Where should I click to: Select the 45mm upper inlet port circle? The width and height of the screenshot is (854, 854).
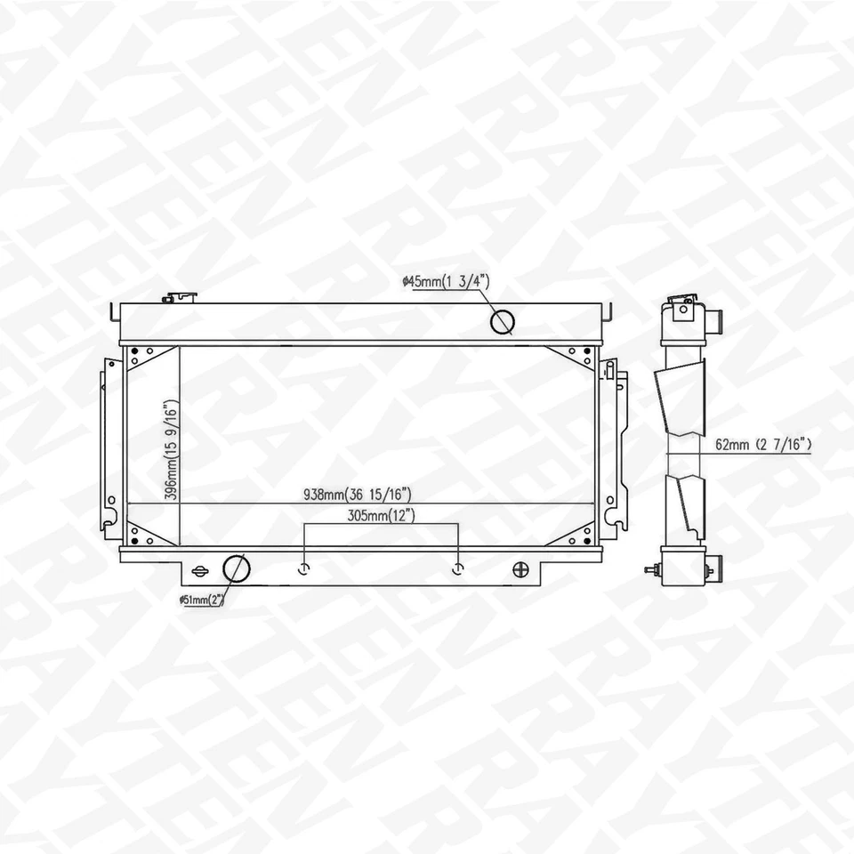pos(504,320)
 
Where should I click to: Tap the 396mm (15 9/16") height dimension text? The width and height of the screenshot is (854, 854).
pos(169,450)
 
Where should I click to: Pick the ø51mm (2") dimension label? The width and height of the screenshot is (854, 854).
pos(201,600)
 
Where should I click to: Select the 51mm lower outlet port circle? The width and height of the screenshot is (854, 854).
pos(235,568)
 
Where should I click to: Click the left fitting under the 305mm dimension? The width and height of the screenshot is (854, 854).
pos(305,568)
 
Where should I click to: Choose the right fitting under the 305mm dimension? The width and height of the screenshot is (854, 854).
pos(458,568)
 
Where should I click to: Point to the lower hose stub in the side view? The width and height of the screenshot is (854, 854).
pos(714,563)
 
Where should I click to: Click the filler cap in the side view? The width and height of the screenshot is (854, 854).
pos(681,305)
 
